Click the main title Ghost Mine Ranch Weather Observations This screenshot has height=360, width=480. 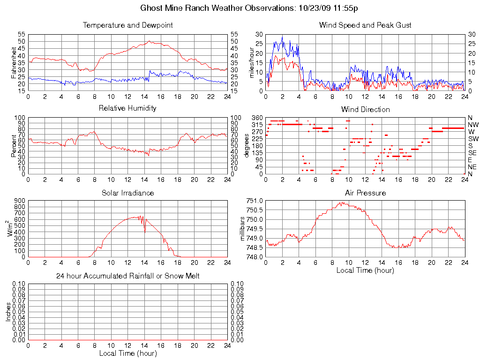(250, 8)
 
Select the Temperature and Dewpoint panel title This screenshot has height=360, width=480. (127, 25)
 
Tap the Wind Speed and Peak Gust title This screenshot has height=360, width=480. (365, 25)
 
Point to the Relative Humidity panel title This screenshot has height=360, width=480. (127, 108)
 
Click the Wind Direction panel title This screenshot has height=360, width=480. (365, 110)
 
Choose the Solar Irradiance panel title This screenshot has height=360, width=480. (127, 193)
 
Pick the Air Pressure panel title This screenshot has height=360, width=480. (365, 193)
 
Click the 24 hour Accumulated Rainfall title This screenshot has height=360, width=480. (127, 276)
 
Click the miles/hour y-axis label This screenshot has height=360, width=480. (252, 62)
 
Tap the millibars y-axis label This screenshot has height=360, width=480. (243, 229)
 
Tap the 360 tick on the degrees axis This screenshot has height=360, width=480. (256, 118)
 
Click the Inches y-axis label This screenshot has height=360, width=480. (8, 312)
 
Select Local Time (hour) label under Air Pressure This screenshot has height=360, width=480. (365, 270)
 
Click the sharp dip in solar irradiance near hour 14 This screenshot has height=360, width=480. (145, 231)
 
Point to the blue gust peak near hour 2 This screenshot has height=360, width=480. (282, 37)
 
